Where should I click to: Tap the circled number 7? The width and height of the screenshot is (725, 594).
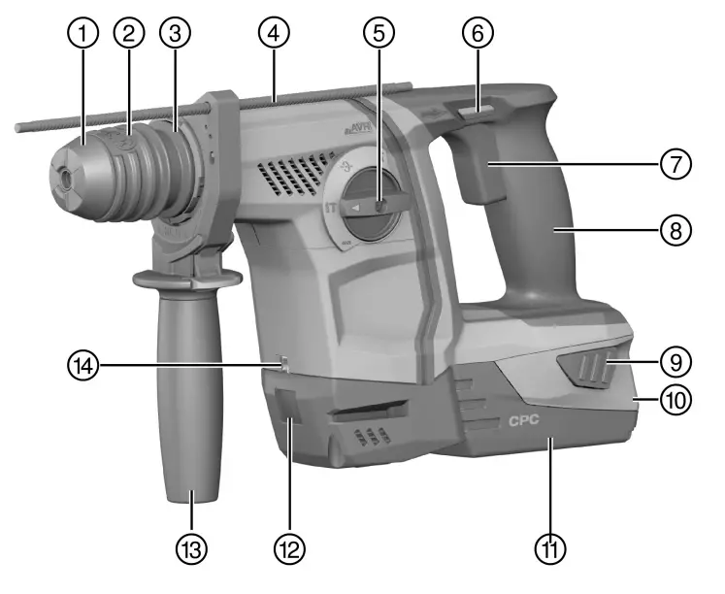click(676, 162)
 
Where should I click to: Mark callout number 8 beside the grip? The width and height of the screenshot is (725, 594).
click(676, 231)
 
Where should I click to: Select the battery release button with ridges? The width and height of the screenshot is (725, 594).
click(587, 370)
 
